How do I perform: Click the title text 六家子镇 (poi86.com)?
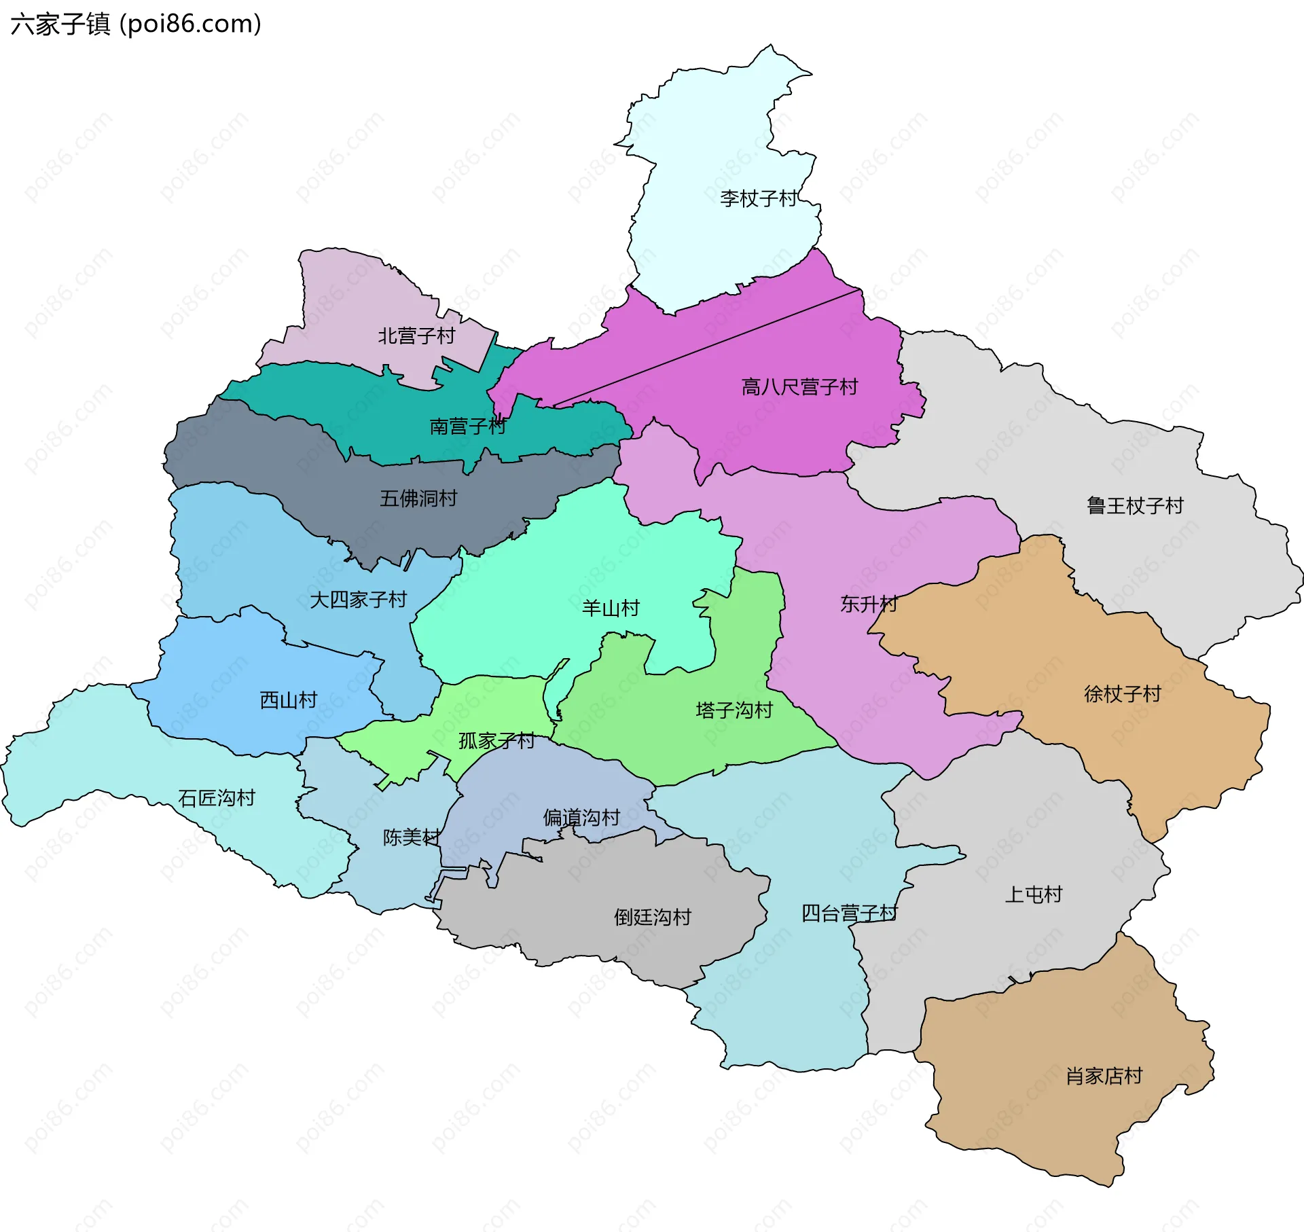pyautogui.click(x=136, y=24)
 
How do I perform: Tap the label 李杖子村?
pyautogui.click(x=758, y=198)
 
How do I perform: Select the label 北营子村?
pyautogui.click(x=416, y=336)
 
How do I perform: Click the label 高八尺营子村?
pyautogui.click(x=799, y=387)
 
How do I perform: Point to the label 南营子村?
pyautogui.click(x=468, y=426)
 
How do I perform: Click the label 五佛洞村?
pyautogui.click(x=418, y=499)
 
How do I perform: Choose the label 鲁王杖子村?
pyautogui.click(x=1135, y=505)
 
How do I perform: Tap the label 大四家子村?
pyautogui.click(x=358, y=599)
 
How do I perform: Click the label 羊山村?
pyautogui.click(x=611, y=608)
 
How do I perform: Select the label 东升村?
pyautogui.click(x=869, y=603)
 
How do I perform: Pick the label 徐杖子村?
pyautogui.click(x=1122, y=693)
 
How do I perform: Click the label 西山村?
pyautogui.click(x=289, y=700)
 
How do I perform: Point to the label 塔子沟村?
pyautogui.click(x=734, y=710)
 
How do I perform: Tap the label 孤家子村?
pyautogui.click(x=496, y=740)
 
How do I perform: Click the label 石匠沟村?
pyautogui.click(x=216, y=797)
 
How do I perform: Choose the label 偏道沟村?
pyautogui.click(x=581, y=817)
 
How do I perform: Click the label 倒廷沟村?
pyautogui.click(x=652, y=917)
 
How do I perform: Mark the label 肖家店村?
pyautogui.click(x=1104, y=1076)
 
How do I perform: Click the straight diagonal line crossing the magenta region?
pyautogui.click(x=706, y=348)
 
